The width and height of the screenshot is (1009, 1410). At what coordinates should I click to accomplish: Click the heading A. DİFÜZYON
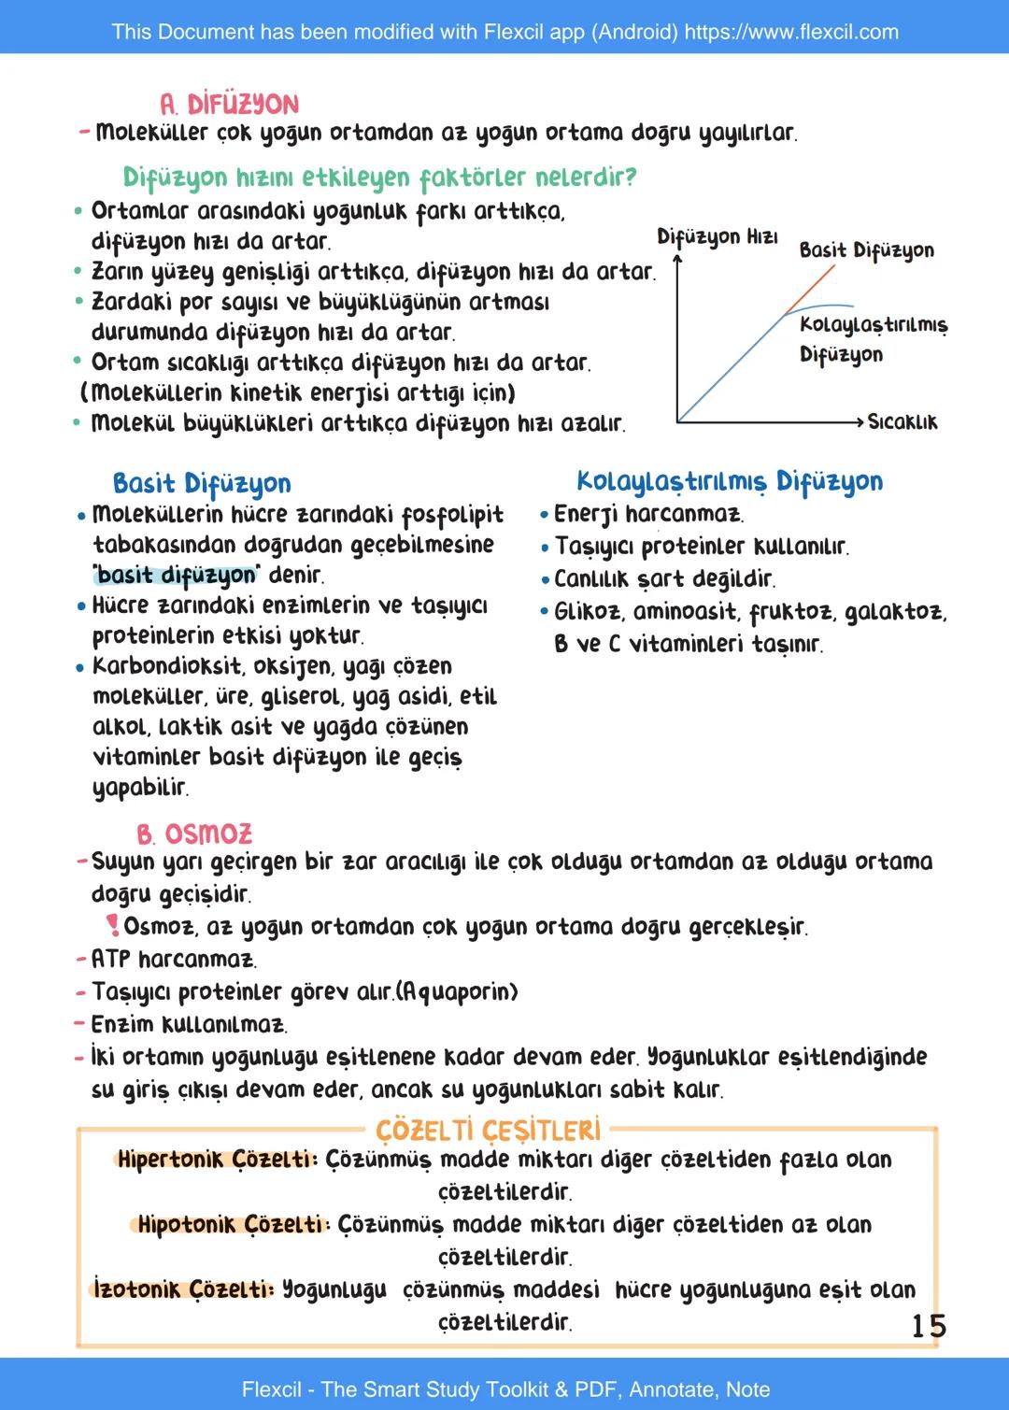coord(229,104)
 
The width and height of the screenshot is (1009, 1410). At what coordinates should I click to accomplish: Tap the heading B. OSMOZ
coord(194,833)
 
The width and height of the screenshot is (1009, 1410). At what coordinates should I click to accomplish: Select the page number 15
coord(928,1326)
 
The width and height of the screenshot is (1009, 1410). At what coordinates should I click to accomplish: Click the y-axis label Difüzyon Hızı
coord(717,236)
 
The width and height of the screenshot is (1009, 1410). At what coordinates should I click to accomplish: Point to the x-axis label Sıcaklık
coord(902,422)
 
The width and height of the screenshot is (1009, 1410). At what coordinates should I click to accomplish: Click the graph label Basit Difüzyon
coord(866,250)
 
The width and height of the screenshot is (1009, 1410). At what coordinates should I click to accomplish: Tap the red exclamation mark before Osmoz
coord(113,925)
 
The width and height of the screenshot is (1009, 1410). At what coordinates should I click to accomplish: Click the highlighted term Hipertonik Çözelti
coord(217,1160)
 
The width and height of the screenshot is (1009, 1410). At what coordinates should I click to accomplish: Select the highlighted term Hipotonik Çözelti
coord(232,1224)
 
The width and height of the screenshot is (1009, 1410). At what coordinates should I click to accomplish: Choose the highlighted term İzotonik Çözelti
coord(184,1289)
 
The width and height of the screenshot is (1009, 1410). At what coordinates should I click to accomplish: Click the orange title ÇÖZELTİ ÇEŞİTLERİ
coord(488,1131)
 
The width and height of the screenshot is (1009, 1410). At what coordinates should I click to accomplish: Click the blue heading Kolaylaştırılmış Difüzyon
coord(729,481)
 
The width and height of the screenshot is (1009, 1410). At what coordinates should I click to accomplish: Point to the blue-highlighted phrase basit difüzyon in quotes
coord(176,575)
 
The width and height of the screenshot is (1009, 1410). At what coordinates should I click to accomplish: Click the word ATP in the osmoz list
coord(110,959)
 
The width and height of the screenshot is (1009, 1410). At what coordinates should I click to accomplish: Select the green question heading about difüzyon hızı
coord(379,177)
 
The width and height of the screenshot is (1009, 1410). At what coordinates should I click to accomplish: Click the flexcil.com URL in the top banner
coord(791,32)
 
